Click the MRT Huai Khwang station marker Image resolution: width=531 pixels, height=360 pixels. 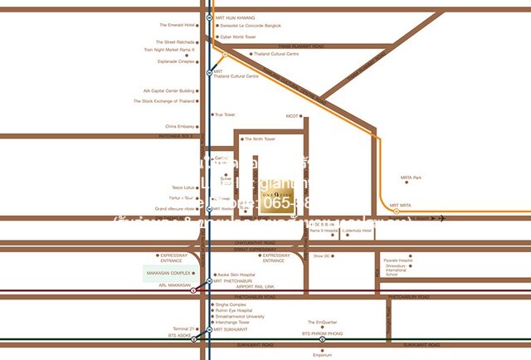click(x=209, y=17)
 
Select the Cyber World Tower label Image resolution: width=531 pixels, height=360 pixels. click(x=236, y=37)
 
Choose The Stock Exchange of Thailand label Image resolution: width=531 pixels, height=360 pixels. click(x=163, y=101)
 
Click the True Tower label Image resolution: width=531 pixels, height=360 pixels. click(x=225, y=114)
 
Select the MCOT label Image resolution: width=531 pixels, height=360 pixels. click(x=291, y=116)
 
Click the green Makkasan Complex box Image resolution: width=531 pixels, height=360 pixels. click(x=169, y=273)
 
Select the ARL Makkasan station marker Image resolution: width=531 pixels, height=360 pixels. click(x=193, y=290)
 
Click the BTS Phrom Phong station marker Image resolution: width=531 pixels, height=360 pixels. click(x=321, y=338)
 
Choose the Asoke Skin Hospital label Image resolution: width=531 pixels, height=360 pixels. click(x=236, y=275)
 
